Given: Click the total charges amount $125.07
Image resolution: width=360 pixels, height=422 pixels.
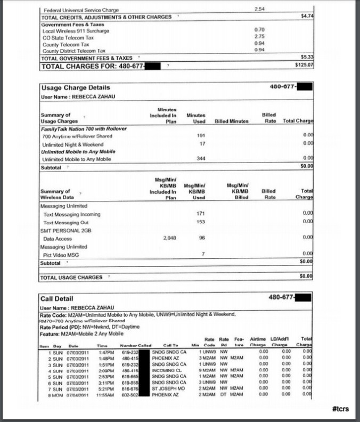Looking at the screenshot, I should (x=304, y=65).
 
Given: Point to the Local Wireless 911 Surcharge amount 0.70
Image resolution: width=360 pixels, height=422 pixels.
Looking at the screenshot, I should (x=259, y=29).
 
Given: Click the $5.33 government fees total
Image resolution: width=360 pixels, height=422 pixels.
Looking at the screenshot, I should (x=307, y=56).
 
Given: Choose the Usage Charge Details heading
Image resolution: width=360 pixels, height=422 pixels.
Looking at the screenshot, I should (x=76, y=87).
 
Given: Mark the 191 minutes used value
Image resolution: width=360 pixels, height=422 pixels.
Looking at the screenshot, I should (x=201, y=136).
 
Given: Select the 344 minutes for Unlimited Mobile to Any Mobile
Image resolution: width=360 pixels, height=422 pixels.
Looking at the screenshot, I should (x=201, y=159).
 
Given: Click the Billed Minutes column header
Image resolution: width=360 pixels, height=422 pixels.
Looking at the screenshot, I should (x=232, y=121).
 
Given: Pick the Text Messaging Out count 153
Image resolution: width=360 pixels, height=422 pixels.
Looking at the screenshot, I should (x=201, y=222).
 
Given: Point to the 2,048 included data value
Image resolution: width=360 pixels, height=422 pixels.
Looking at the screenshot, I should (x=169, y=238).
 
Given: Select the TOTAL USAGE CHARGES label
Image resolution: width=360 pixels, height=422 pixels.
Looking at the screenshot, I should (x=71, y=277).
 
